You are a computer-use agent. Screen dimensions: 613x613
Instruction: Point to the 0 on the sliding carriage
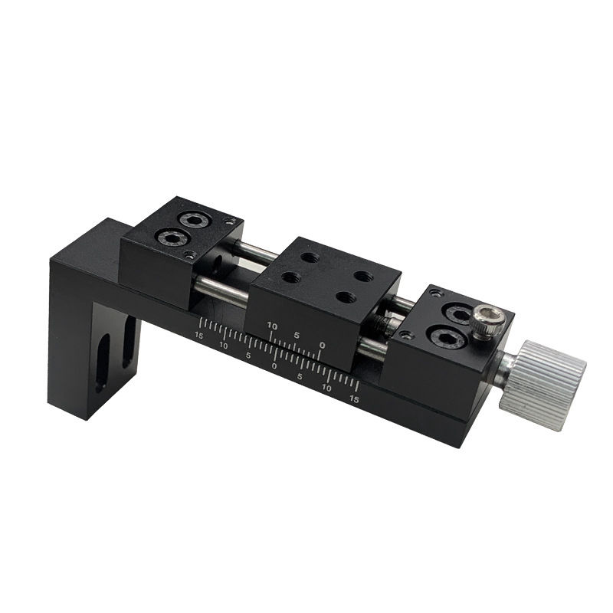[x=321, y=346]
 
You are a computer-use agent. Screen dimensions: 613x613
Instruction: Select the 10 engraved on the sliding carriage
[x=271, y=326]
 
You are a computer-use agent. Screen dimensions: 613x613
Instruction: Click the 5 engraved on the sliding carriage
[x=296, y=335]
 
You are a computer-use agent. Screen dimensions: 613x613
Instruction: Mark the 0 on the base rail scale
[x=274, y=366]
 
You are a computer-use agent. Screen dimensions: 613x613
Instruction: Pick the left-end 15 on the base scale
[x=199, y=336]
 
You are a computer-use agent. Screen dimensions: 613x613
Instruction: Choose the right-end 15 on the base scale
[x=354, y=399]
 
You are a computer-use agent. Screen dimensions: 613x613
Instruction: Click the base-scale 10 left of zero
[x=224, y=346]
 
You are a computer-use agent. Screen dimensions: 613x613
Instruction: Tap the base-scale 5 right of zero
[x=300, y=377]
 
